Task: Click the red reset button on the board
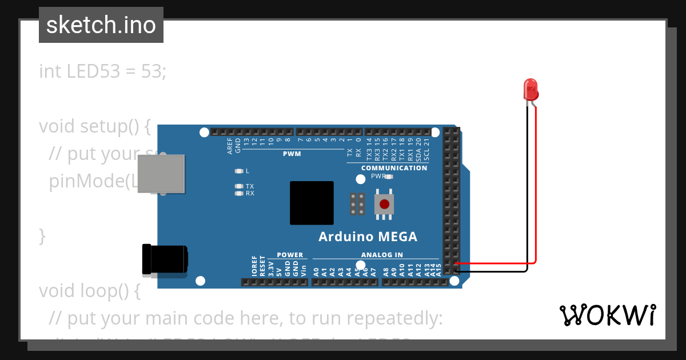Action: [384, 203]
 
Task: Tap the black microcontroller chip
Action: [312, 203]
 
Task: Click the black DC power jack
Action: [165, 259]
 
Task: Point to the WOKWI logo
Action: [607, 315]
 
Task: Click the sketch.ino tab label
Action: [101, 25]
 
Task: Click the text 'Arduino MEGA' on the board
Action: [368, 237]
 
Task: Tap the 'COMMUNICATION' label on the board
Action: [394, 168]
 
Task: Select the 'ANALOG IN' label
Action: [382, 255]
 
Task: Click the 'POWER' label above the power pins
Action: [290, 255]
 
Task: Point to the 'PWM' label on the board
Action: [292, 154]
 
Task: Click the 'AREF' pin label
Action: [230, 146]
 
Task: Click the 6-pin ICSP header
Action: [358, 204]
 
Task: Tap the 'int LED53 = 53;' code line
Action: [102, 71]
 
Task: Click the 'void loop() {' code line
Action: [90, 291]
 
